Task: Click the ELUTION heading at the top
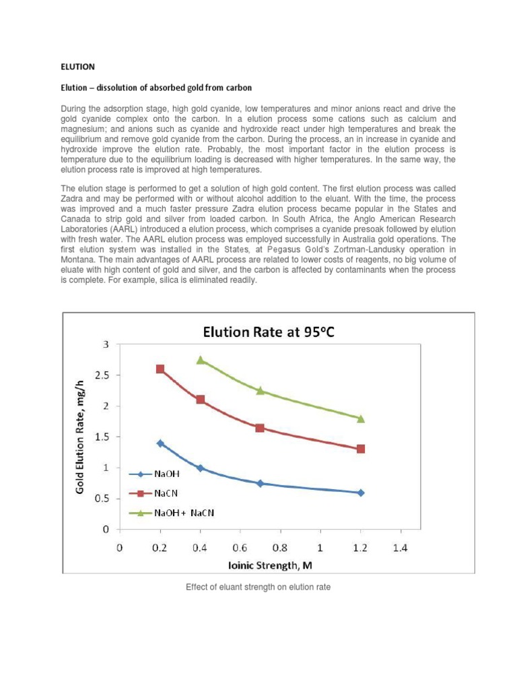(x=78, y=67)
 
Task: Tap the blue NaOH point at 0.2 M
(x=160, y=443)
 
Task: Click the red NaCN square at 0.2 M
(x=160, y=369)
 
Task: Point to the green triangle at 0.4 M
(x=200, y=360)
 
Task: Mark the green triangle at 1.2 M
(x=361, y=418)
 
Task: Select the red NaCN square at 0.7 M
(x=260, y=428)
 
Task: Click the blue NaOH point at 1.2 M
(x=361, y=493)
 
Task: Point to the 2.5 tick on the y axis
(x=101, y=375)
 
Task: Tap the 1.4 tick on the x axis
(x=400, y=548)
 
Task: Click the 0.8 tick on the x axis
(x=279, y=548)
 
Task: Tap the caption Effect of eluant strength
(x=258, y=587)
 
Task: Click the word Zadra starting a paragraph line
(x=73, y=200)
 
